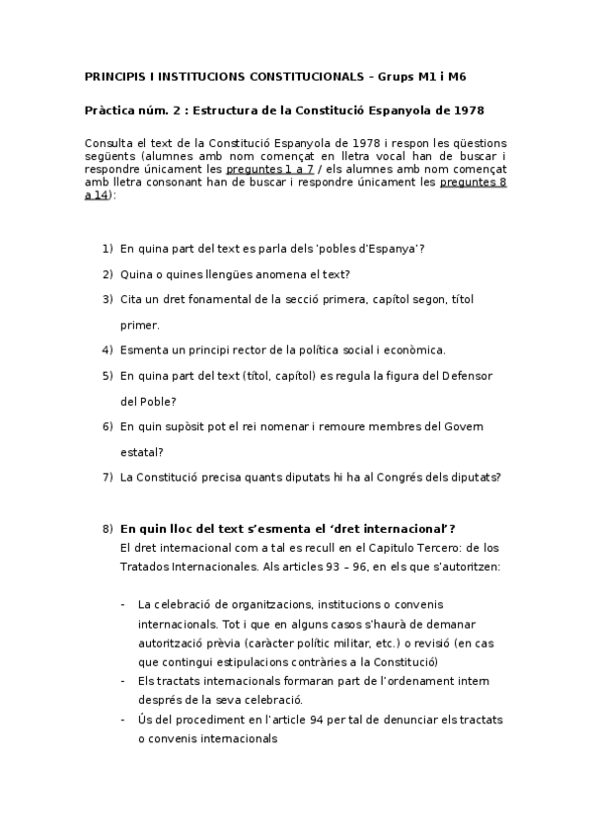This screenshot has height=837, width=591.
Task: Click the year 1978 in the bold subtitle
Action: [x=469, y=110]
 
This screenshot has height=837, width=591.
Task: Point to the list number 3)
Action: [x=108, y=299]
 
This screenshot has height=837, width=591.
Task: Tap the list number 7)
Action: [x=108, y=477]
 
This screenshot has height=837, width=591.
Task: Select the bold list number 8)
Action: [x=108, y=528]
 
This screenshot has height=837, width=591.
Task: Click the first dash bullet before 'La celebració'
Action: [x=121, y=604]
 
